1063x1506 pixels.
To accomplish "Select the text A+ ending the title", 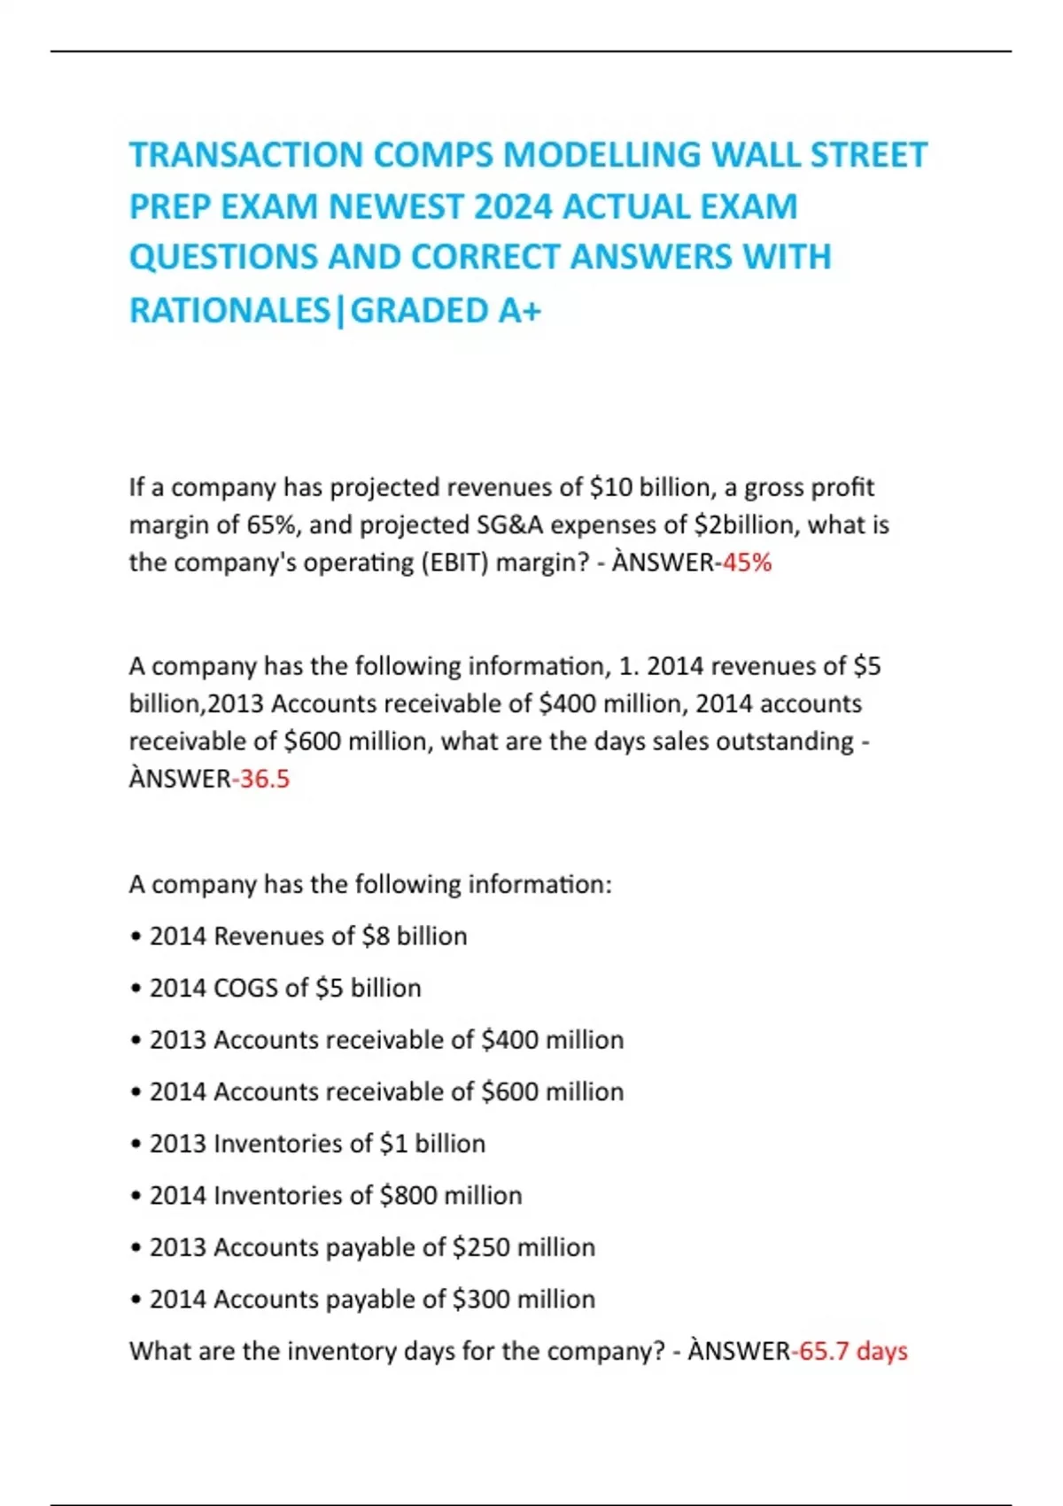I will point(520,311).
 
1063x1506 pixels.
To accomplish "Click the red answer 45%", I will point(748,563).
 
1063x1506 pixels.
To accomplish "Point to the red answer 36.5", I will point(264,779).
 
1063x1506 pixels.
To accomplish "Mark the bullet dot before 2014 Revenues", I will point(136,937).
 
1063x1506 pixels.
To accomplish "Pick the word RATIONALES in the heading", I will point(229,311).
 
